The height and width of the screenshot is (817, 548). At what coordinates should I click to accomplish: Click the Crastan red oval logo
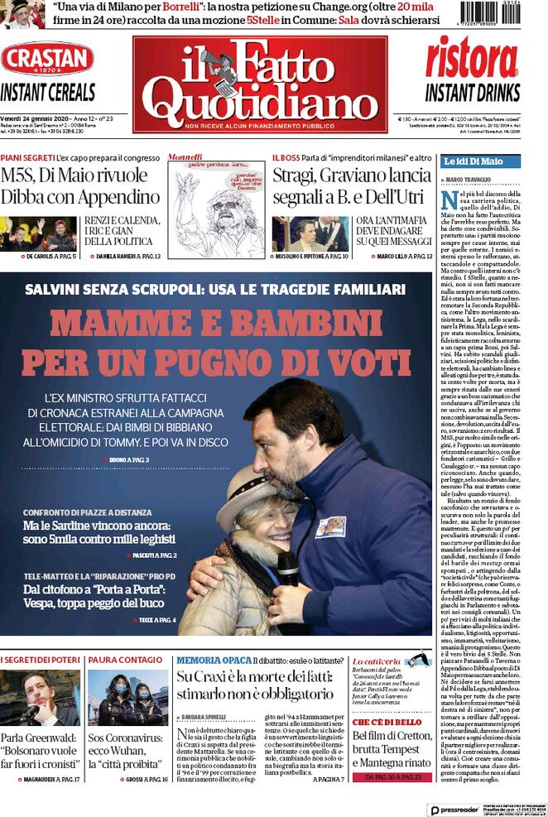click(47, 59)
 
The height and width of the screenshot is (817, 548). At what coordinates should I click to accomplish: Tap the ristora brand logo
click(472, 60)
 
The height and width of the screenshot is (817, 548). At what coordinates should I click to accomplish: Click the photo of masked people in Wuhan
click(127, 698)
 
